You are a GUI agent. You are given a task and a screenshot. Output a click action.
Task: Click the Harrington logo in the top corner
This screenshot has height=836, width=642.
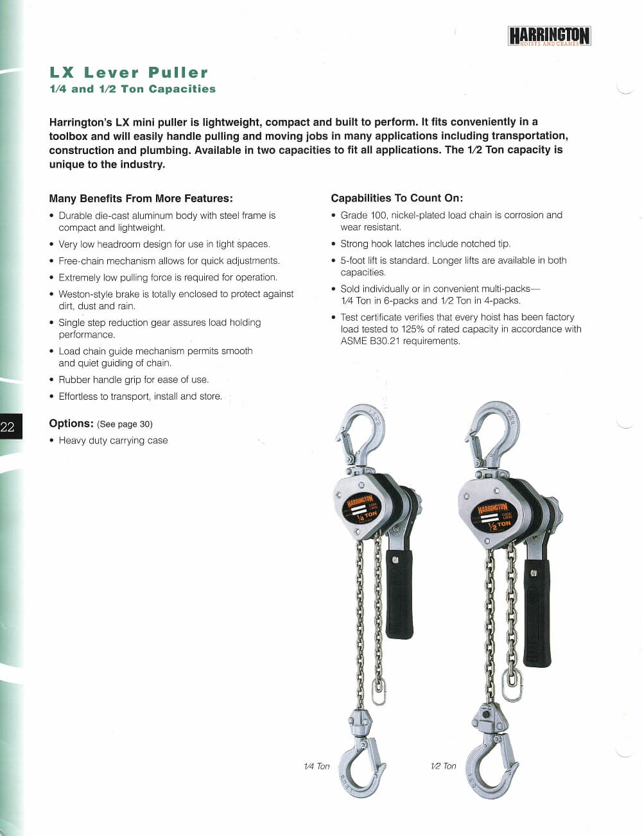pos(549,36)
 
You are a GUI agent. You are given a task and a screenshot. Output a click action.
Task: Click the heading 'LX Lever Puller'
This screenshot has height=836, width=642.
pos(129,73)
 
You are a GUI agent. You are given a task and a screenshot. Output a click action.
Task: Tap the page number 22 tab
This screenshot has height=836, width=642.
pos(10,427)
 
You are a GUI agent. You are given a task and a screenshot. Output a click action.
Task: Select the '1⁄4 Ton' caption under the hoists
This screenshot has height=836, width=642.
pos(317,766)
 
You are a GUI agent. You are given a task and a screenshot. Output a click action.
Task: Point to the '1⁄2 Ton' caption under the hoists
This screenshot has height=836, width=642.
pos(444,766)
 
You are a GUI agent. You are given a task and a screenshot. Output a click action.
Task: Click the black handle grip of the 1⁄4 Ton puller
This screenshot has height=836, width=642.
pos(399,593)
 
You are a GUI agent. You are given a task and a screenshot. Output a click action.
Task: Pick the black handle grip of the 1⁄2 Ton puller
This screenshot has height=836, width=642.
pos(537,613)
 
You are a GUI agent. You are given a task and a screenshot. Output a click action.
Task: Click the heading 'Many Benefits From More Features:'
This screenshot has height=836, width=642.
pos(141,198)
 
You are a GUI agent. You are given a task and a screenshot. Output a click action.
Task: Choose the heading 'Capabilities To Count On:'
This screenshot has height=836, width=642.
pos(397,198)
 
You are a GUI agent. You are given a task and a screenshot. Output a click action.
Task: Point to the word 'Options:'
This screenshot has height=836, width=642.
pos(71,423)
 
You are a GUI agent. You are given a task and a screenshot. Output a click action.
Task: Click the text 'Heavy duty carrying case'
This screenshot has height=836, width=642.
pos(113,440)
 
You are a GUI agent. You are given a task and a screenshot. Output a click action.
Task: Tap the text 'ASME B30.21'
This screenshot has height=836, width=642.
pos(370,341)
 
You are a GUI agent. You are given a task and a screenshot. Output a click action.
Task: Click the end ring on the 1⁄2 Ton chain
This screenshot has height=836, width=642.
pos(511,686)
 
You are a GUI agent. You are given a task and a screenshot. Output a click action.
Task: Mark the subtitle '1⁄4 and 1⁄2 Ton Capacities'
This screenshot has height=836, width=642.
pos(132,89)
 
